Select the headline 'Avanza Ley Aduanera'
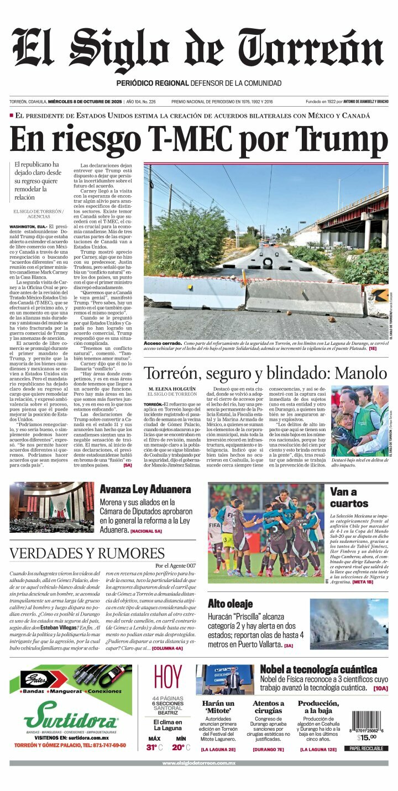pos(145,489)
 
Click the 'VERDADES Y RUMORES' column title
pos(87,553)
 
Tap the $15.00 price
pos(366,737)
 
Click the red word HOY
pos(167,678)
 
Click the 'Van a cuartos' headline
pos(349,497)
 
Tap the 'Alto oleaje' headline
pos(230,604)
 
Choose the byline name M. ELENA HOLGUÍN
pos(172,389)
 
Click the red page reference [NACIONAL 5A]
pos(146,531)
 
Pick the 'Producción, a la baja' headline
pos(318,707)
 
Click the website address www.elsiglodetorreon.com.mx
pos(199,763)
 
